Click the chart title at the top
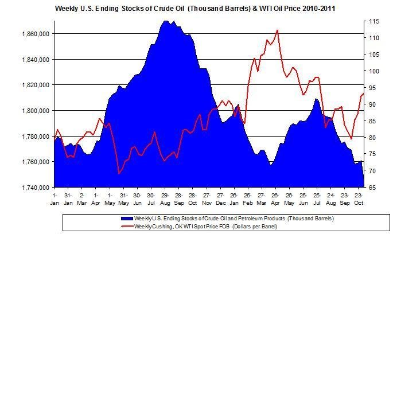(x=196, y=9)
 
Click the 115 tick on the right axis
(x=374, y=21)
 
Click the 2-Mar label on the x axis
(x=81, y=199)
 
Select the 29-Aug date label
(x=165, y=199)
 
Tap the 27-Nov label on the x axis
(x=206, y=199)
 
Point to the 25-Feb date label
(x=247, y=199)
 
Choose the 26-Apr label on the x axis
(x=275, y=199)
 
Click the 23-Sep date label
(x=345, y=199)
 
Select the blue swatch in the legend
(x=126, y=219)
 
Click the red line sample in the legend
(x=126, y=226)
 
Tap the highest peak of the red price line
(x=277, y=30)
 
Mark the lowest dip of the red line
(x=119, y=173)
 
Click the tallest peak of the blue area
(x=166, y=21)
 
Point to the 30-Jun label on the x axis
(x=137, y=199)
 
